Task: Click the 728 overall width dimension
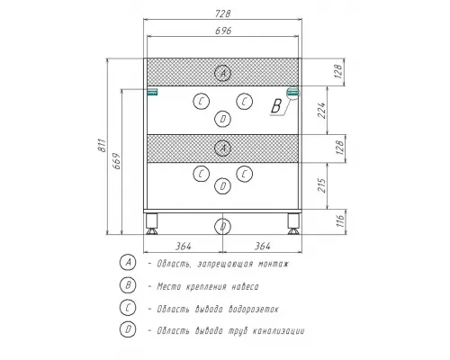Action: (222, 13)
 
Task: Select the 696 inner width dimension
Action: (223, 31)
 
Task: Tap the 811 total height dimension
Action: (102, 146)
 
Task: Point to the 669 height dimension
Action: (117, 161)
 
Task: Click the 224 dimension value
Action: (321, 111)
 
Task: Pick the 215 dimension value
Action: (321, 185)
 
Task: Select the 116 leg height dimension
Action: (340, 221)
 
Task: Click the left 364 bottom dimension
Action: (183, 247)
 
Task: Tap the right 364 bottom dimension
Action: (263, 247)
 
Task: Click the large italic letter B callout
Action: (276, 105)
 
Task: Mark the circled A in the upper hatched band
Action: (222, 73)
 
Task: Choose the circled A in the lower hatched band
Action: (222, 148)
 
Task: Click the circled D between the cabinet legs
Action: (222, 227)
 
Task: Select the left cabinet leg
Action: (152, 224)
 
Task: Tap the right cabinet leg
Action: (293, 224)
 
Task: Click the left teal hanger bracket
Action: (152, 92)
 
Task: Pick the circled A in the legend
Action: (128, 263)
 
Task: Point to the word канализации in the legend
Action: (278, 331)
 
